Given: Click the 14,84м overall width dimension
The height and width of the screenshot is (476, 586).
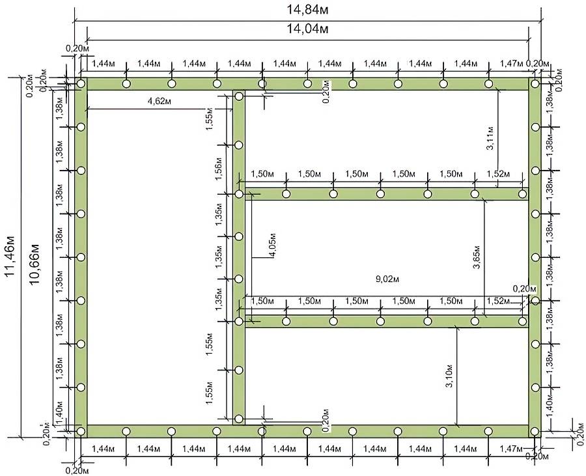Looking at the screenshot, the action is (307, 9).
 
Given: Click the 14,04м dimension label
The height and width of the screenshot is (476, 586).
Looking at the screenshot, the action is (307, 29).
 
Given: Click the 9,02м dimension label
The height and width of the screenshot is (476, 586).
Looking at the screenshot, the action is (387, 279).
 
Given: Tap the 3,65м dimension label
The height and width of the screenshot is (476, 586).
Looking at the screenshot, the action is (477, 257).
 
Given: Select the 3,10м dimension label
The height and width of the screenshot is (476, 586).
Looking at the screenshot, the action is (449, 375).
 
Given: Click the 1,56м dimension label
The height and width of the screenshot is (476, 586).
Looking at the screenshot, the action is (219, 169).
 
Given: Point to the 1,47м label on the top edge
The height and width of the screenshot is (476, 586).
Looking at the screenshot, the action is (512, 64).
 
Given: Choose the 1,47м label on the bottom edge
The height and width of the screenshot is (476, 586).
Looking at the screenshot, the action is (512, 449).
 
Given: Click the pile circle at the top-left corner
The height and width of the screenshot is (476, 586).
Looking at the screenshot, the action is (81, 84).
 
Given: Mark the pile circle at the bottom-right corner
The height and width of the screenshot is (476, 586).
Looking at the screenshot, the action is (535, 432).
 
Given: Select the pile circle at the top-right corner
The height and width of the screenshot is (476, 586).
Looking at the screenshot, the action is (535, 84).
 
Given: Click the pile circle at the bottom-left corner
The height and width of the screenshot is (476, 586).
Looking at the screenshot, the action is (81, 432).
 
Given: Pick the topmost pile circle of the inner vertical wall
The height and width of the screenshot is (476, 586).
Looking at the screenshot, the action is (239, 96).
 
